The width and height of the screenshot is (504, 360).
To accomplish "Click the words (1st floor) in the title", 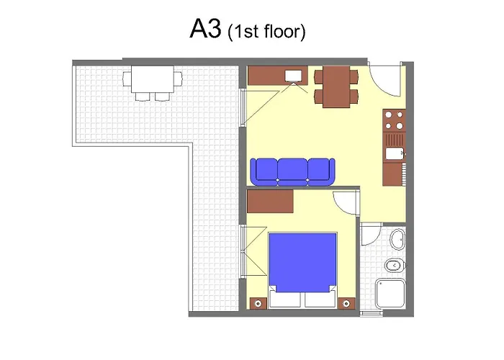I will [x=266, y=32].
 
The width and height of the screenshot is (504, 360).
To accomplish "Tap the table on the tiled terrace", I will [x=151, y=78].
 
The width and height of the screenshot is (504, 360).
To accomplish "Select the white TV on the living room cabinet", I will [x=294, y=76].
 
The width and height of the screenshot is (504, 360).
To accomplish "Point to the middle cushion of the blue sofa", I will [x=292, y=169].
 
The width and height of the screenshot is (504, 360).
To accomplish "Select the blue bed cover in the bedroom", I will [x=303, y=261].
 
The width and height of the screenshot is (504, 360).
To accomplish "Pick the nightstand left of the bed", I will [x=256, y=303].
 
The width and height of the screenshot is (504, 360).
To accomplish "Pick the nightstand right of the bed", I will [x=348, y=303].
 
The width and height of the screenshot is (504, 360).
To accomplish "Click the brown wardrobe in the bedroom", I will [x=270, y=201].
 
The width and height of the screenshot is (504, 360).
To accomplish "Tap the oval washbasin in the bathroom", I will [x=397, y=239].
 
